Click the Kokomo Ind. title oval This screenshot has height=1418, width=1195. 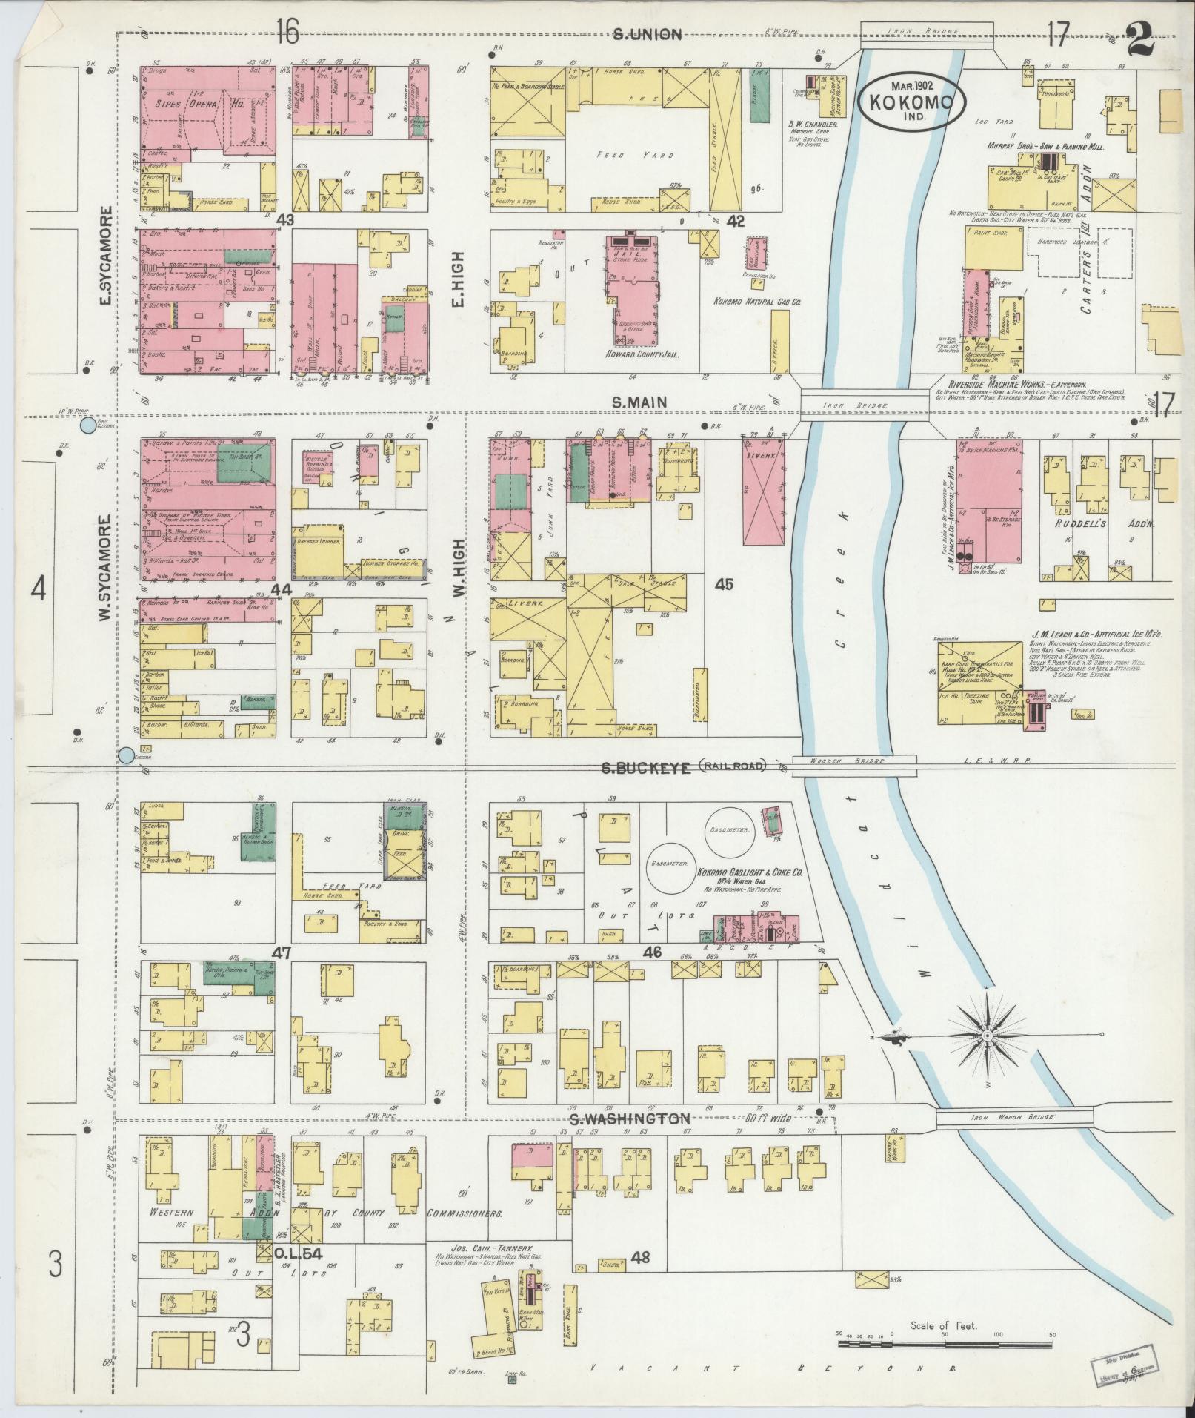(x=913, y=101)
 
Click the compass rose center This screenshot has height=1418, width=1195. (x=988, y=1036)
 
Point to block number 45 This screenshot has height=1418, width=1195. (x=724, y=585)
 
